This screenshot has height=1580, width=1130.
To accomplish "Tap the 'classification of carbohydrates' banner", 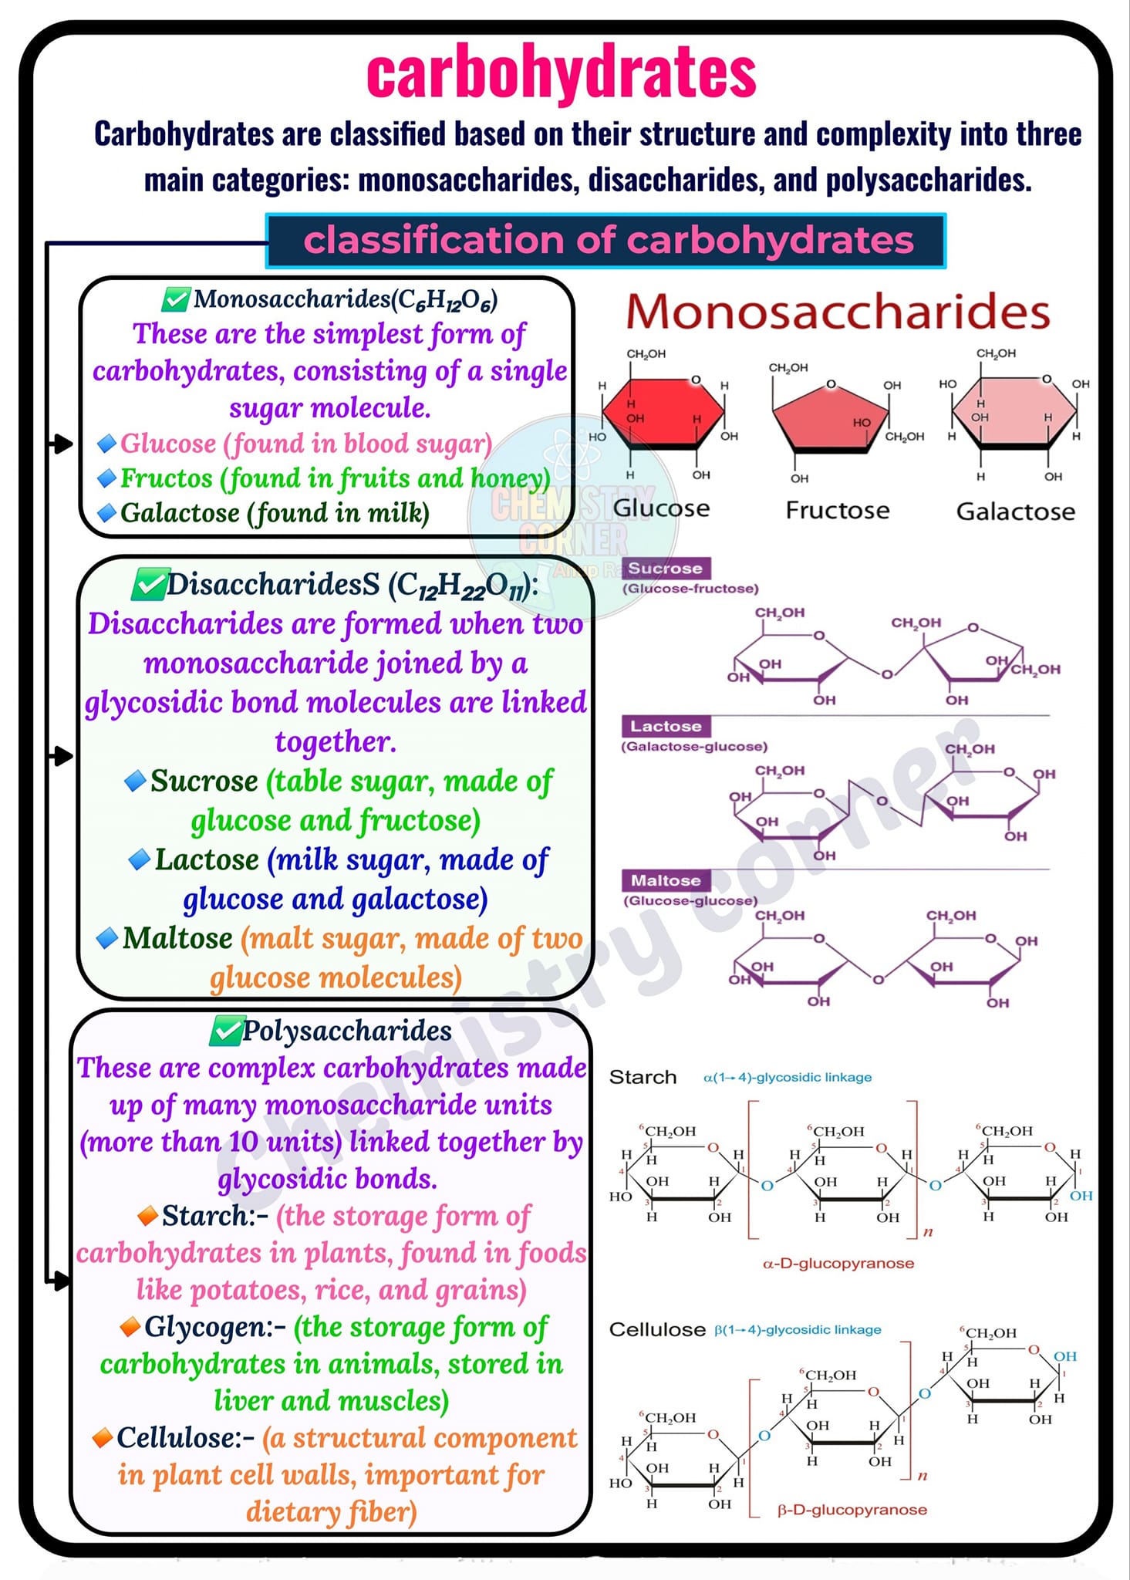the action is (605, 241).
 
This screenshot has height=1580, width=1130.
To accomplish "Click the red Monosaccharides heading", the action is (838, 312).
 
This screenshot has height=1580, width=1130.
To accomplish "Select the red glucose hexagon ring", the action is (663, 413).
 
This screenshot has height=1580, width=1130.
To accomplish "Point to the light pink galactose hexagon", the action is (1014, 413).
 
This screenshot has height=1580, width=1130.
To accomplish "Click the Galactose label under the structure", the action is (1015, 511).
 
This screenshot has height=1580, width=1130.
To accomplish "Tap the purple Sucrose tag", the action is (666, 569).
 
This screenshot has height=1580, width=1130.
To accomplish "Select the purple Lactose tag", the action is (666, 726).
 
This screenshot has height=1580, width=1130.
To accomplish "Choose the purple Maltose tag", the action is (666, 880).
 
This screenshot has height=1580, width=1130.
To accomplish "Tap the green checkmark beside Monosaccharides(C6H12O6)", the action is (177, 299).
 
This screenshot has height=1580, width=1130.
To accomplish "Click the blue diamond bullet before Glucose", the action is (107, 444).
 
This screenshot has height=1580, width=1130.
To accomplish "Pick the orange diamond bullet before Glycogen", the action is (130, 1327).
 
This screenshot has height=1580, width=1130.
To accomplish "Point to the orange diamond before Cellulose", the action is (103, 1438).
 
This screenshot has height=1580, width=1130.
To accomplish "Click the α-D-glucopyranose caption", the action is (838, 1264).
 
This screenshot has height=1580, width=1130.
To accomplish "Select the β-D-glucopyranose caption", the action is (852, 1509).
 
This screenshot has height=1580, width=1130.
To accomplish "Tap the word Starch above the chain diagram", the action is (643, 1077).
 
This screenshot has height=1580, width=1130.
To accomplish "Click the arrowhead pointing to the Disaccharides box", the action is (63, 755).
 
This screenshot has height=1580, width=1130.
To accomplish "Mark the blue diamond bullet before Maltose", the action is (107, 938).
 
